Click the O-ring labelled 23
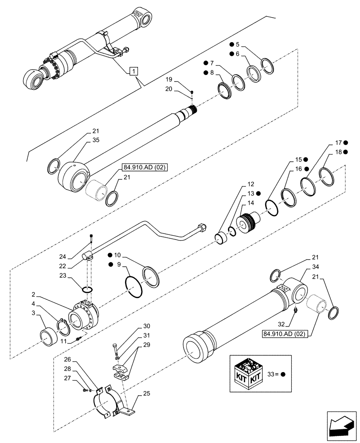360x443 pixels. [x=88, y=289]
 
